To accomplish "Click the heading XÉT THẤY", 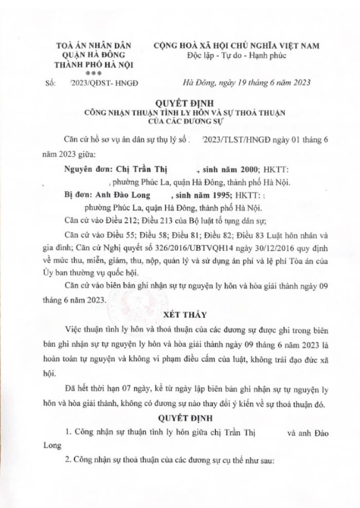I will (180, 314).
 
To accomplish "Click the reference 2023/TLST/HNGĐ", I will (236, 139).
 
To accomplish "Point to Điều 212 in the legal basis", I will (119, 222).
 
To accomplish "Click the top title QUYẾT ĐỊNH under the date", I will (180, 103).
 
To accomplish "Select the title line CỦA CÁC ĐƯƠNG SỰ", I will (180, 121).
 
